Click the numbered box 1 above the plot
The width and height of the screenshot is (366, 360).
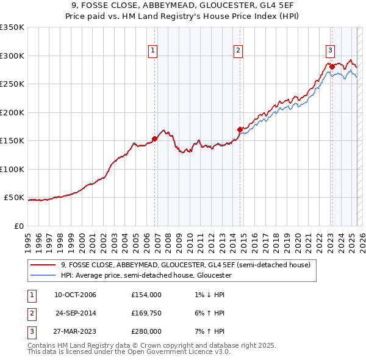point(152,51)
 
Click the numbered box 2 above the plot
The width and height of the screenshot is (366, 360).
point(238,51)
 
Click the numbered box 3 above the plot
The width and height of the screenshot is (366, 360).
point(329,51)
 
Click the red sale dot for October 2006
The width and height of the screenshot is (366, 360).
point(155,139)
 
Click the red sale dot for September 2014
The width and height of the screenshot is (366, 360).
point(240,129)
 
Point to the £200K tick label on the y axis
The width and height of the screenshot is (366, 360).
point(12,112)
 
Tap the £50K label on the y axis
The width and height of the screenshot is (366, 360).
point(14,198)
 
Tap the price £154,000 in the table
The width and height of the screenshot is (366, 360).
point(146,295)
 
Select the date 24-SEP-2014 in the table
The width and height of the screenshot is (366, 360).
point(75,313)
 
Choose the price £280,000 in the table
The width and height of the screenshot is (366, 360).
point(146,331)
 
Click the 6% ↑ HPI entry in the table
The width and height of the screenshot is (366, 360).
point(208,313)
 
